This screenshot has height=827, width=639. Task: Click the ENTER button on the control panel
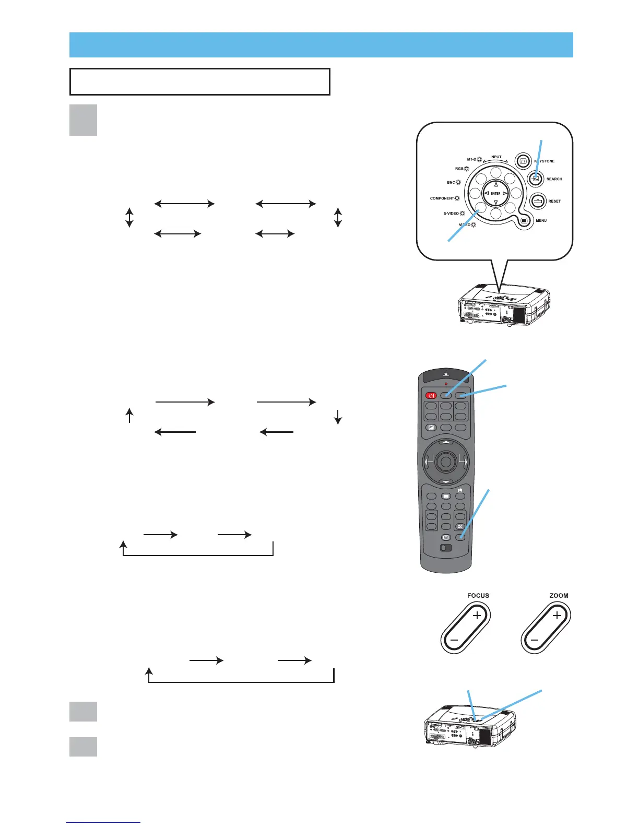pyautogui.click(x=495, y=193)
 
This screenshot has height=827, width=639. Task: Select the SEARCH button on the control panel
pyautogui.click(x=535, y=179)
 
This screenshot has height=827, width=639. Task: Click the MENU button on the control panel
pyautogui.click(x=524, y=220)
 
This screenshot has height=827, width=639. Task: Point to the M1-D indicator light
pyautogui.click(x=479, y=159)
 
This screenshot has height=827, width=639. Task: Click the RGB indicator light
pyautogui.click(x=466, y=169)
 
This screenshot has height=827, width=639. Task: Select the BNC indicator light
pyautogui.click(x=458, y=183)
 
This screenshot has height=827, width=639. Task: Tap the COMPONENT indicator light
pyautogui.click(x=457, y=198)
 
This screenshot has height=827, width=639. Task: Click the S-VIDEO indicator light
pyautogui.click(x=462, y=214)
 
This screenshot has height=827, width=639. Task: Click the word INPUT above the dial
pyautogui.click(x=495, y=157)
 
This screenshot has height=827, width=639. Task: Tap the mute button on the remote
pyautogui.click(x=460, y=527)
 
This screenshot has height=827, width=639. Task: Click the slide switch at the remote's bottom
pyautogui.click(x=445, y=548)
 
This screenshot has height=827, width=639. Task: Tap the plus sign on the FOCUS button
pyautogui.click(x=477, y=616)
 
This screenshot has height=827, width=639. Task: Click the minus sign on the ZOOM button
pyautogui.click(x=534, y=640)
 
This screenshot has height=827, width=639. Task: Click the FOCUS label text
pyautogui.click(x=478, y=596)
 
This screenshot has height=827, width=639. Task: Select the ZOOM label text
pyautogui.click(x=559, y=596)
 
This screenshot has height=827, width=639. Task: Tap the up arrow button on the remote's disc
pyautogui.click(x=445, y=441)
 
